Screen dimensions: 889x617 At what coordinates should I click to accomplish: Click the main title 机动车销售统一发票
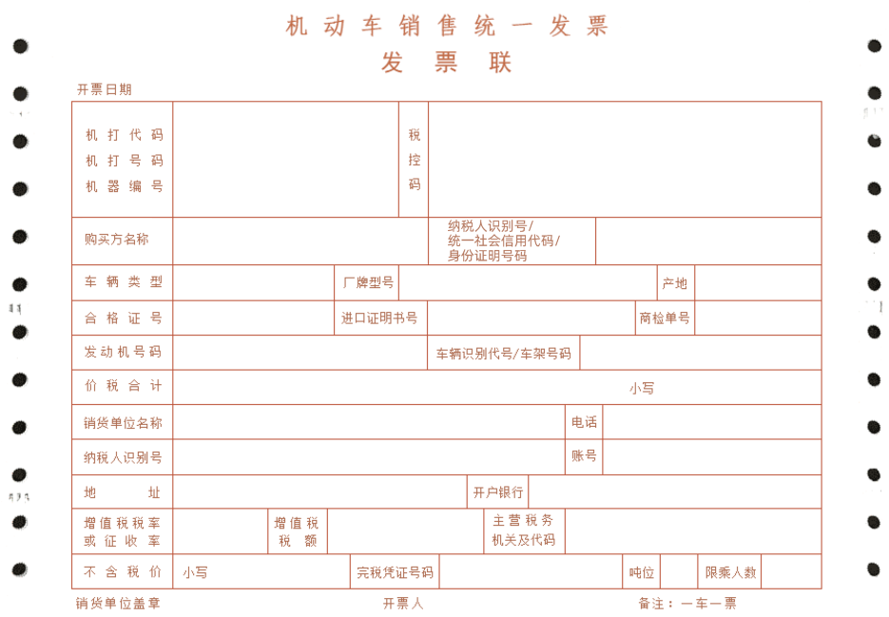pos(446,26)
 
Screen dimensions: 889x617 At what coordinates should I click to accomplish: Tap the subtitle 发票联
pos(446,62)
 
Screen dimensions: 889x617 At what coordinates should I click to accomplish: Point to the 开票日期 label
pos(105,89)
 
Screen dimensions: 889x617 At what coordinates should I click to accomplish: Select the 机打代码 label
pos(125,135)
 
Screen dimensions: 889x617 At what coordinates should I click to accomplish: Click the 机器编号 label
pos(125,186)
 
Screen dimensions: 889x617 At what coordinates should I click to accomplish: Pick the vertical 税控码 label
pos(415,160)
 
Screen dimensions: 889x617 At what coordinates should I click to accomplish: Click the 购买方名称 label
pos(117,240)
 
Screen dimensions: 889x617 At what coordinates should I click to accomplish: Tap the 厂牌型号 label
pos(368,282)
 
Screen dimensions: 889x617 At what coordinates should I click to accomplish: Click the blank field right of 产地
pos(758,282)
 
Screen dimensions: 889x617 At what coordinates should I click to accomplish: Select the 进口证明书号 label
pos(378,318)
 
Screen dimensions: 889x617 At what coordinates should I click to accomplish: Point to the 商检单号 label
pos(665,318)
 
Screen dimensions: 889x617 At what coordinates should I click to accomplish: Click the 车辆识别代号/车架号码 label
pos(504,354)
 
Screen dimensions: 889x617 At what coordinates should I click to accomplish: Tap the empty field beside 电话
pos(712,422)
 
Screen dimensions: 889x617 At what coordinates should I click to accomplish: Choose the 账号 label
pos(584,456)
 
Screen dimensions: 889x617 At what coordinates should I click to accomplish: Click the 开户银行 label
pos(498,492)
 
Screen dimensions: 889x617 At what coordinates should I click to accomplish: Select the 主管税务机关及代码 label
pos(523,530)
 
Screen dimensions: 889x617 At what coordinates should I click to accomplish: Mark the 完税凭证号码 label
pos(395,572)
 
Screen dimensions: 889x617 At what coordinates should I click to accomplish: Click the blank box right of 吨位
pos(679,571)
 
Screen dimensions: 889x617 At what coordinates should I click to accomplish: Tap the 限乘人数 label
pos(731,572)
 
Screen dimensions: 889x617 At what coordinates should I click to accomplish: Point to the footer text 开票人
pos(403,604)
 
